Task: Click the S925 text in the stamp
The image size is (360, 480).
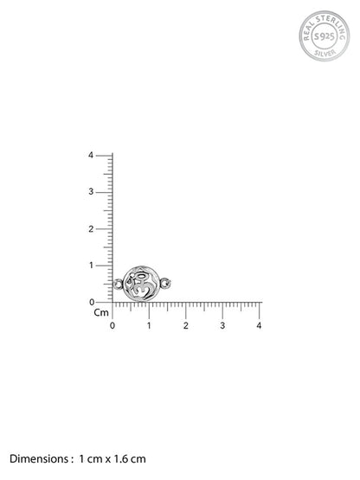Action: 325,36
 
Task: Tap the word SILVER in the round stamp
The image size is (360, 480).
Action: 325,53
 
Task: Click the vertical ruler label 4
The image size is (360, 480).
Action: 91,155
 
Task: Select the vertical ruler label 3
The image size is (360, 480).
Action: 91,192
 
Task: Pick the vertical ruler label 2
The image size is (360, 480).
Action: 91,228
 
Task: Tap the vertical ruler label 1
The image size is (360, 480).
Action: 91,266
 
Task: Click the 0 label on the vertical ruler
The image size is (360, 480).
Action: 92,302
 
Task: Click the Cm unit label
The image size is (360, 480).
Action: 101,312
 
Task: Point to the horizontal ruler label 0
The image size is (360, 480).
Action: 112,325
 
